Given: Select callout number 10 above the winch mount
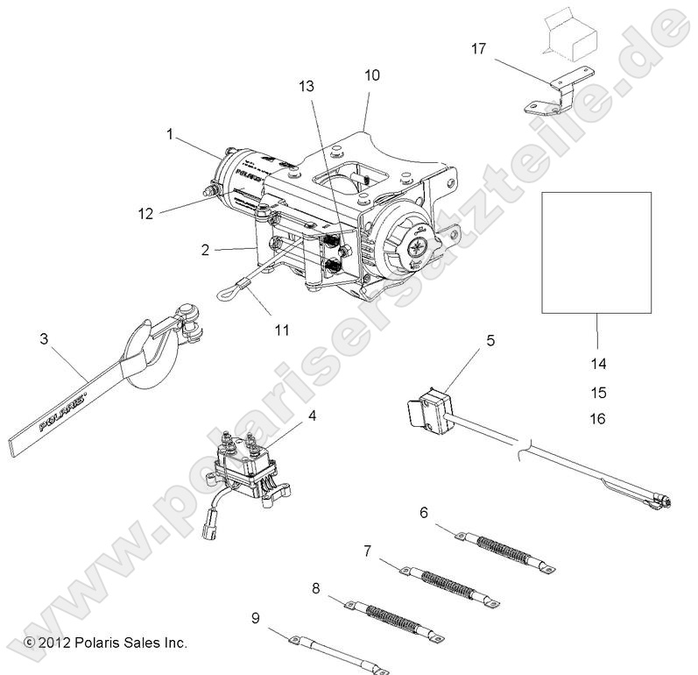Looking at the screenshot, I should tap(372, 75).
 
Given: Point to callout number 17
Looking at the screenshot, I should tap(478, 50).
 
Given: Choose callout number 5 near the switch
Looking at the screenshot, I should tap(490, 341).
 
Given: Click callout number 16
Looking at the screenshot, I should tap(598, 419).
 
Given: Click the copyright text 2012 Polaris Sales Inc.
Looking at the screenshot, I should tap(106, 643).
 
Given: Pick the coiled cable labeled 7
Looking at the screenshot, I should tap(450, 579).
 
